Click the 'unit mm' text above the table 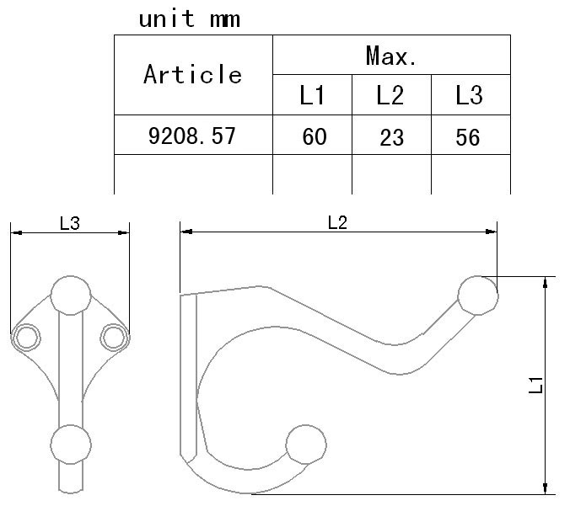(x=190, y=19)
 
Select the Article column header (x=192, y=74)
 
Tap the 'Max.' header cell (x=391, y=56)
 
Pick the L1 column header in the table (x=312, y=95)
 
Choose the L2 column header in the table (x=390, y=95)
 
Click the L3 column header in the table (x=470, y=95)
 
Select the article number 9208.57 (x=192, y=136)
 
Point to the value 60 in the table (x=315, y=136)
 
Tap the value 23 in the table (x=392, y=137)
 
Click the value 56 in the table (x=468, y=137)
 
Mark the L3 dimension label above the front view (x=70, y=223)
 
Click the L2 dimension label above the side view (x=338, y=222)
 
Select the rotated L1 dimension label (x=535, y=385)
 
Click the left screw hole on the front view (x=26, y=338)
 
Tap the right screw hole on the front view (x=114, y=338)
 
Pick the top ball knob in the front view (x=71, y=296)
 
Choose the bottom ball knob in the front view (x=71, y=445)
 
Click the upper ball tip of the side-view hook (x=478, y=296)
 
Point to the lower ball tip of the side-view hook (x=306, y=445)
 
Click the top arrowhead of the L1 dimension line (x=545, y=282)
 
